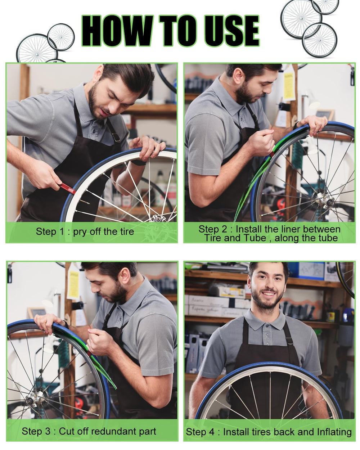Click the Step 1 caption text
click(85, 231)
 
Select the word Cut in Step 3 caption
click(67, 431)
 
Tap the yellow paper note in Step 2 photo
click(289, 86)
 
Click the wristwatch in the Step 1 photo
click(138, 162)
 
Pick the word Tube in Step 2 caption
click(256, 238)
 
